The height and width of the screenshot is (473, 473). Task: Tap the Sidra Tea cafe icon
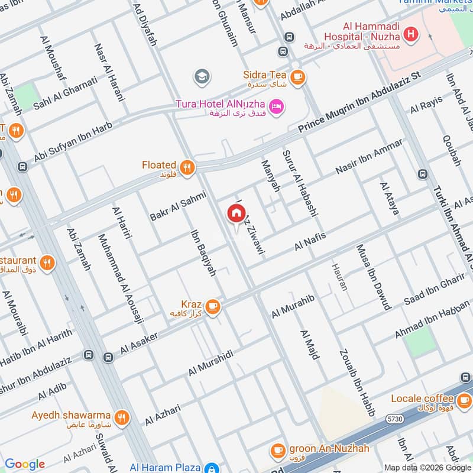[297, 76]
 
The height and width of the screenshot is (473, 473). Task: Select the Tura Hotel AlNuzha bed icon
[276, 106]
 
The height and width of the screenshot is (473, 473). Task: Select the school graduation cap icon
[202, 76]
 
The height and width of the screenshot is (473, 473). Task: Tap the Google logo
[24, 464]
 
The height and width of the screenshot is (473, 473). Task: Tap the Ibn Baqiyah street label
[203, 252]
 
